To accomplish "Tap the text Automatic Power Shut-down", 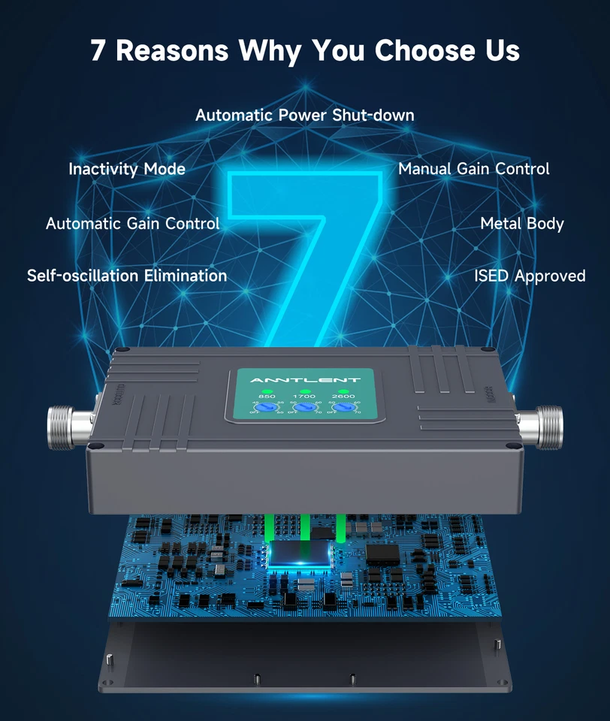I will click(x=304, y=115).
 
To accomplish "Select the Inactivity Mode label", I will click(x=127, y=169).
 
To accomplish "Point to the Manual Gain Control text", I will click(x=473, y=169).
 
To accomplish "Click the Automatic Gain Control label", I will click(x=132, y=223).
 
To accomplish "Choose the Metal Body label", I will click(x=521, y=223).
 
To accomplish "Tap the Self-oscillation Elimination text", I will click(x=127, y=276).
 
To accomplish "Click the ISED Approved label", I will click(x=529, y=276).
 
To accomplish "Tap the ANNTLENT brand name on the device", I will click(x=304, y=380).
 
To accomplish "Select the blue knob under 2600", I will click(x=344, y=407).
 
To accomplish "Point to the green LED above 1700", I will click(x=305, y=391).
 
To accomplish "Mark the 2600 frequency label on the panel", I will click(x=344, y=397).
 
